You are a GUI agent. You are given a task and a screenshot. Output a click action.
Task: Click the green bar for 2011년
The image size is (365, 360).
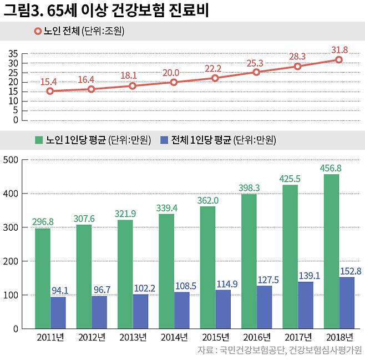[x=43, y=278]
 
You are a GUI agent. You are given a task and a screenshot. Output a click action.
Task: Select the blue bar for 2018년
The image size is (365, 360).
[x=347, y=303]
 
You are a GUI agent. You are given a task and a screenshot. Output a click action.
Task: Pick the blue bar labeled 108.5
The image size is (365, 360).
[x=182, y=310]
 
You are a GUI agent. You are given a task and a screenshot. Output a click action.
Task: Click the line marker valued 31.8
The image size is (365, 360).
[x=338, y=60]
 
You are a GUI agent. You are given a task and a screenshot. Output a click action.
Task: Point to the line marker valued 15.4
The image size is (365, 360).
[x=50, y=91]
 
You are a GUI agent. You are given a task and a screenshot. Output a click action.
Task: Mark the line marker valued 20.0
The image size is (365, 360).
[x=174, y=82]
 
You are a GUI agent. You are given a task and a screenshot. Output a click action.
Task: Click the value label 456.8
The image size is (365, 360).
[x=331, y=168]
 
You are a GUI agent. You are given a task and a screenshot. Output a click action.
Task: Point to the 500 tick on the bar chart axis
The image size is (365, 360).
[x=11, y=160]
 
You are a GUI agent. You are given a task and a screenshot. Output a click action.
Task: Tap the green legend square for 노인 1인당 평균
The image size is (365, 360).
[x=39, y=140]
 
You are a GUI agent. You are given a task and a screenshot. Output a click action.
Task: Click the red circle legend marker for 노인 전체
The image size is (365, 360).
[x=38, y=31]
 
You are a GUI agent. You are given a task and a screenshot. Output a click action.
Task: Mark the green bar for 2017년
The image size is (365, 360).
[x=290, y=257]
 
